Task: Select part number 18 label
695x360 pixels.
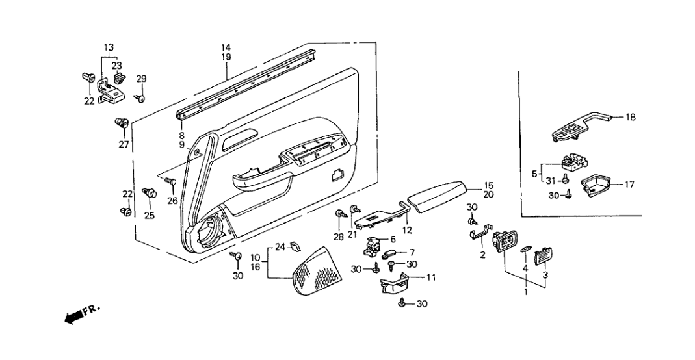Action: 631,118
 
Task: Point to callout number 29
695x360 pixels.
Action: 141,79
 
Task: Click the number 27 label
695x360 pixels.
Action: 124,144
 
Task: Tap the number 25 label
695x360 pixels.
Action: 150,215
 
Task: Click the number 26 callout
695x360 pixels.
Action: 172,201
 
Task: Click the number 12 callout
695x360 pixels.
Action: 407,229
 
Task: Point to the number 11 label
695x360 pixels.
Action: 431,277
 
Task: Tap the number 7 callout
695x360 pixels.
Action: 412,251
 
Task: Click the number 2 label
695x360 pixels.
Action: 482,255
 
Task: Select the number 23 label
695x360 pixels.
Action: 116,65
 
